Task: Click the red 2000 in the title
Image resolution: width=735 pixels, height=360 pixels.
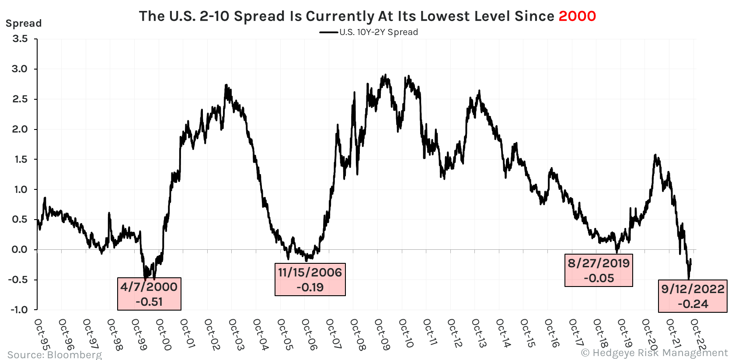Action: coord(577,16)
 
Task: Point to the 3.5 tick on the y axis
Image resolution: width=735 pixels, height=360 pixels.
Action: coord(20,39)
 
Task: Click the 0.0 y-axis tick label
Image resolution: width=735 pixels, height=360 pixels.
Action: coord(20,250)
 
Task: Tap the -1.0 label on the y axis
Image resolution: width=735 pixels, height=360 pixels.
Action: coord(19,310)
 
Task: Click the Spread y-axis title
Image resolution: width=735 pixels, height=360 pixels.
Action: coord(24,23)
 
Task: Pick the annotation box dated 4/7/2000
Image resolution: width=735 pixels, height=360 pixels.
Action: coord(149,294)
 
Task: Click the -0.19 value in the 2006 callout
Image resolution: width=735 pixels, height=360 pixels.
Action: coord(310,287)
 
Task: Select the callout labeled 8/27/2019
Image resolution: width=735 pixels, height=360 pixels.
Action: coord(599,270)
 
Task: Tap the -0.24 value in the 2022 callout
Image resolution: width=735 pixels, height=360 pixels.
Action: coord(693,304)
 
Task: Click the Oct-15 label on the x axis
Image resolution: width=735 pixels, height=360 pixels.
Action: coord(528,335)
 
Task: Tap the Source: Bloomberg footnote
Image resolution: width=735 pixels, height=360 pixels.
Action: coord(55,354)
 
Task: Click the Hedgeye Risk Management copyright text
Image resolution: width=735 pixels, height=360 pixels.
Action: coord(654,353)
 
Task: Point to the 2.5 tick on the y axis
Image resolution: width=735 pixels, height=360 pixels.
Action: coord(20,99)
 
